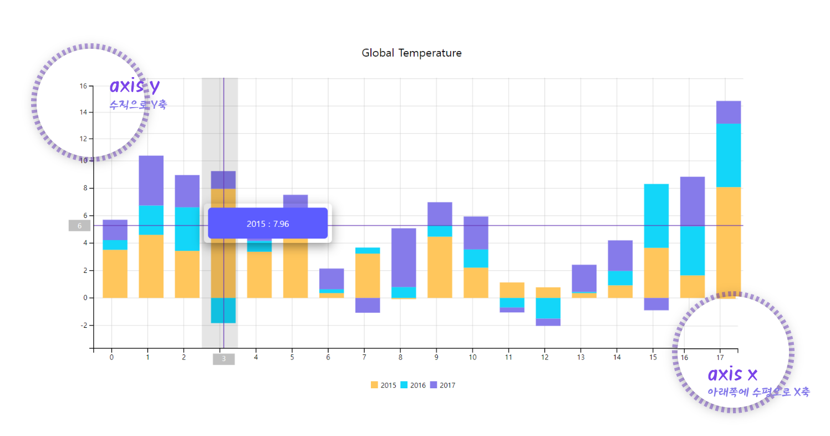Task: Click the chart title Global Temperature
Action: click(411, 53)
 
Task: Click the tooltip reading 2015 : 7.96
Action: click(268, 224)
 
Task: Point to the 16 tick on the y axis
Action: click(83, 86)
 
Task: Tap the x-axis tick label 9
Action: click(436, 357)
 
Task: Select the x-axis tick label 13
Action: click(581, 357)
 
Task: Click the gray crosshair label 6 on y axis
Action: click(79, 226)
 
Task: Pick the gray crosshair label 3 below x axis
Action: click(223, 359)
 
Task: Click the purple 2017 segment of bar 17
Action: click(729, 112)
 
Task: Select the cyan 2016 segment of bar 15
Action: click(656, 215)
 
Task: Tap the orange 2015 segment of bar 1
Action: click(151, 266)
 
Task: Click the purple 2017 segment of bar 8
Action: click(404, 257)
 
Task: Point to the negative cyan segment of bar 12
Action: click(548, 308)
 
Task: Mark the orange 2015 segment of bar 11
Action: click(512, 290)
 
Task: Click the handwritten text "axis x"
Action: click(733, 373)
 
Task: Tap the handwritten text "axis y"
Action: click(135, 86)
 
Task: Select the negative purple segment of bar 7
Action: click(368, 305)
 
